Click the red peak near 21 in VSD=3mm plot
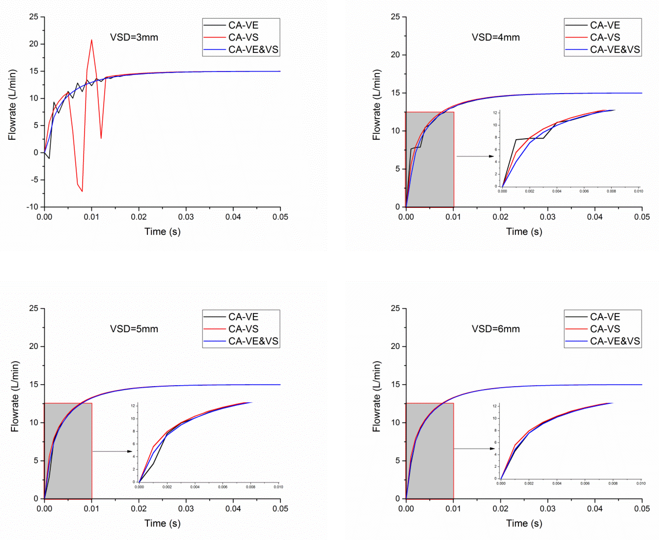tap(91, 40)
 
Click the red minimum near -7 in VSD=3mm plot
tap(82, 191)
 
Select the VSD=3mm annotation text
tap(134, 37)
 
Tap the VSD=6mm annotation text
tap(496, 329)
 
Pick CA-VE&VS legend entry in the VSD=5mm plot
tap(253, 341)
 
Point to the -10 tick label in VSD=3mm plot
tap(32, 207)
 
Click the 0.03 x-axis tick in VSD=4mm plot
tap(548, 217)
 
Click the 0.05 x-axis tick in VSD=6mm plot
tap(642, 509)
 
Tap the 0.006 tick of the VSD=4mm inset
tap(584, 191)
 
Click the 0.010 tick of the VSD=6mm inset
tap(641, 483)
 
